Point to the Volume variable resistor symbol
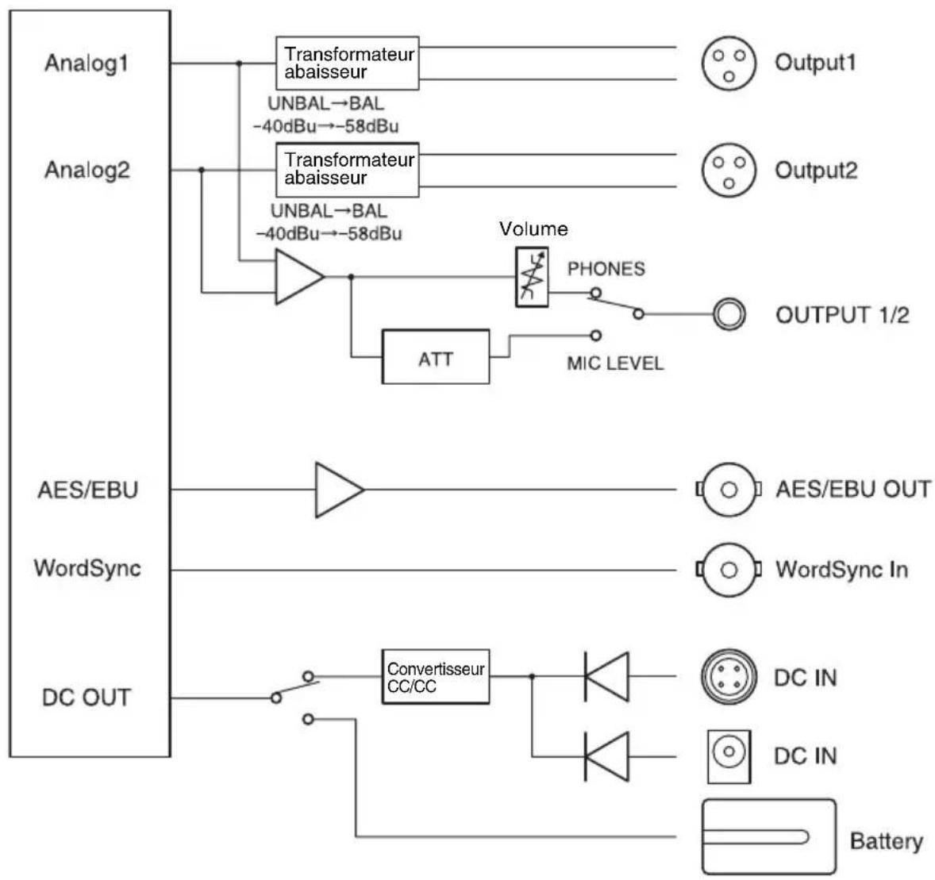pyautogui.click(x=531, y=277)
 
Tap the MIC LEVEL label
pyautogui.click(x=615, y=363)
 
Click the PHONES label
pyautogui.click(x=606, y=269)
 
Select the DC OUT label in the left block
pyautogui.click(x=87, y=697)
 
